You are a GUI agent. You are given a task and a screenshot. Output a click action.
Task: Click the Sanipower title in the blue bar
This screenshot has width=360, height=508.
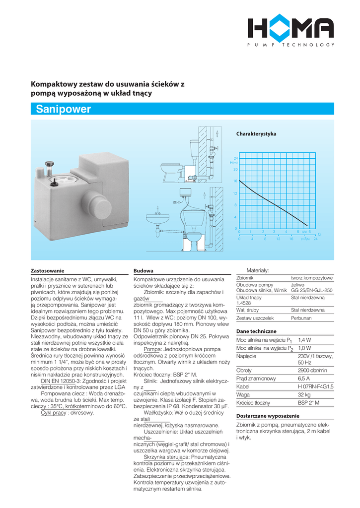coord(64,110)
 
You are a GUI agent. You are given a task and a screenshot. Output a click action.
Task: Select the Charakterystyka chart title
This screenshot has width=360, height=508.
coord(256,134)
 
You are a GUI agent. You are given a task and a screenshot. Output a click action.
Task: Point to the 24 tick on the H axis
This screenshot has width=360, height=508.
coord(236,158)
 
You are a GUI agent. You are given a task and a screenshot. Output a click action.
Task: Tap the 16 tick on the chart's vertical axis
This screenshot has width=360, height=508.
coord(235,181)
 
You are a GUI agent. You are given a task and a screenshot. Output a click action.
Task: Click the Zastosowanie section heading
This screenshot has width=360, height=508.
coord(48,271)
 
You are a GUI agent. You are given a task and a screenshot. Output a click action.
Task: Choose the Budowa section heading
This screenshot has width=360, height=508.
coord(144,271)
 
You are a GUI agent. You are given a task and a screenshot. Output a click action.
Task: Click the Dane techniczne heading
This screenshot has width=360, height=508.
coord(256,331)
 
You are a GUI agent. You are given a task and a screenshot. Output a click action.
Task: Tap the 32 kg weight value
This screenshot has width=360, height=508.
coord(304,394)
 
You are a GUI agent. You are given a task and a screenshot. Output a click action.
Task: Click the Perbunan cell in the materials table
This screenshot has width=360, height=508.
coord(302,318)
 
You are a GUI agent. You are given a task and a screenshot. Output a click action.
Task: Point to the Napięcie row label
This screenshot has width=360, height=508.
coord(246,356)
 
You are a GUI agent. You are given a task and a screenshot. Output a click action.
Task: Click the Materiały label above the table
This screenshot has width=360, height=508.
coord(258,270)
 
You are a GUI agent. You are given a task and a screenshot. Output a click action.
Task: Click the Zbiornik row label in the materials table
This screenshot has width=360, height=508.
coord(245,278)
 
